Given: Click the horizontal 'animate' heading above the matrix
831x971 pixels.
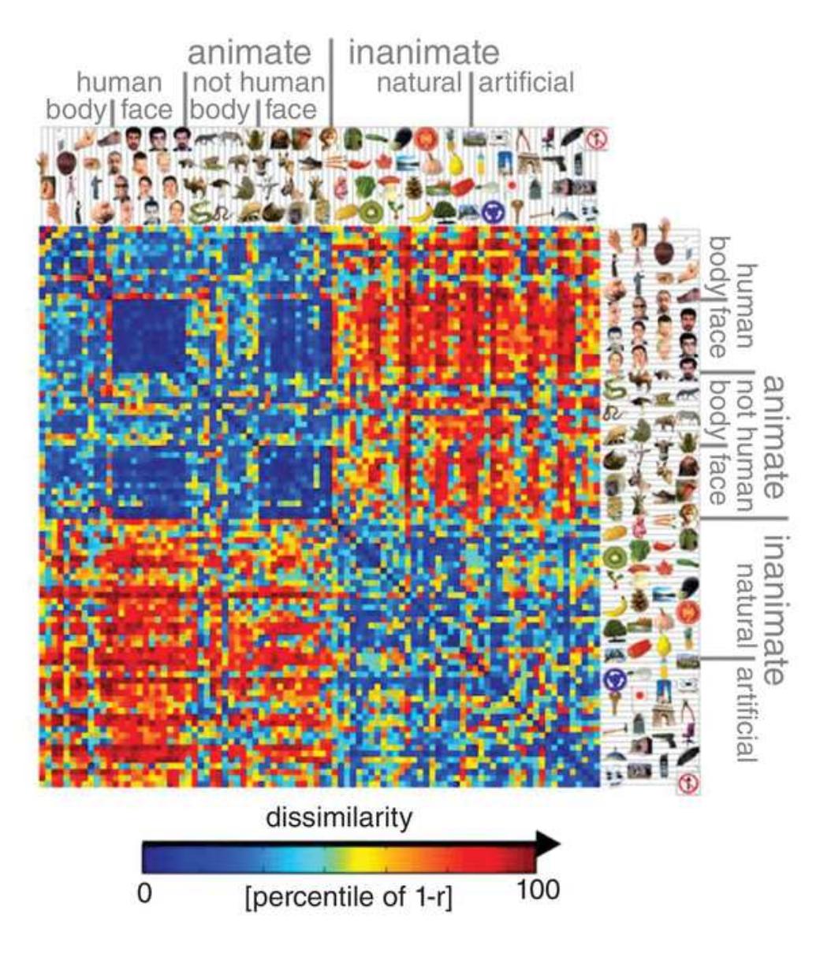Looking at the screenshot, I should pyautogui.click(x=249, y=53).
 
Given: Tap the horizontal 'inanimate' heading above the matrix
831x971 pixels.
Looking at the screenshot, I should pyautogui.click(x=423, y=53).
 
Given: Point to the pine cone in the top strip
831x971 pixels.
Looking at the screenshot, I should pyautogui.click(x=413, y=187).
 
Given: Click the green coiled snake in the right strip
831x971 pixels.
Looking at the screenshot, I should pyautogui.click(x=614, y=387).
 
